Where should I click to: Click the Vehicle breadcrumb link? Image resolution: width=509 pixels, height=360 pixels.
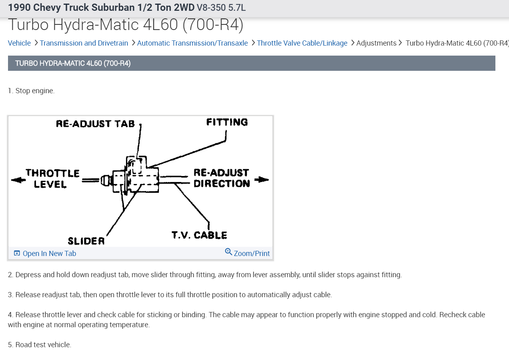point(19,43)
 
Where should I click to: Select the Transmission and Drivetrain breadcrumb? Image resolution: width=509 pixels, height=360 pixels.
point(84,43)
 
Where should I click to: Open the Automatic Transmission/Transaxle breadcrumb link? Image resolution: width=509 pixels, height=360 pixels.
point(192,43)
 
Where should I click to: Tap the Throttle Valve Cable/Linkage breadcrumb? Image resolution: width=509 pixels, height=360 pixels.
point(302,43)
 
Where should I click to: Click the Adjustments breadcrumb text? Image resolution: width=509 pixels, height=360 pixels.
point(376,43)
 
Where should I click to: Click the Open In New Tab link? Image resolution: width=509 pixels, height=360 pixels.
point(49,254)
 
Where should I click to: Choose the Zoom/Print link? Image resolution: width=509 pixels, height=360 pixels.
point(252,254)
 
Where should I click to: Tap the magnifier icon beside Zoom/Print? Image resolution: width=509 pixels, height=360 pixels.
point(228,252)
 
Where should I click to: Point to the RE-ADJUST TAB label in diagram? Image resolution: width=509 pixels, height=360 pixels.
point(95,124)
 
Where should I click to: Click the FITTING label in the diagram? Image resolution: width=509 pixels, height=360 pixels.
point(227,122)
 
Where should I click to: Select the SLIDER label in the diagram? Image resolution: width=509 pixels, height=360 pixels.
point(86,241)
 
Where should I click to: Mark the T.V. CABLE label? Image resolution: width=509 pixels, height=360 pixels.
point(199,235)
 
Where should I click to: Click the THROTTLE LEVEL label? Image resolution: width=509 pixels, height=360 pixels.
point(52,179)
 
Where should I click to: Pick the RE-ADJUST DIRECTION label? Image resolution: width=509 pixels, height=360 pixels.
point(222,178)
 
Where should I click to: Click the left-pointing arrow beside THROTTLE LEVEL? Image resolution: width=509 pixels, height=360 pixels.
point(18,180)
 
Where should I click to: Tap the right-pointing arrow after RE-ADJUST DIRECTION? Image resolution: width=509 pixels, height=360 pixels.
point(261,180)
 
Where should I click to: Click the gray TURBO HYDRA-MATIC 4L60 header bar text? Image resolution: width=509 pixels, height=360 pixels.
point(73,63)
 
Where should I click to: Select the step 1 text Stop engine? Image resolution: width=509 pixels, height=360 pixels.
point(31,91)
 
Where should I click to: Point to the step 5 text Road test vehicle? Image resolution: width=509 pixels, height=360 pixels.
point(40,345)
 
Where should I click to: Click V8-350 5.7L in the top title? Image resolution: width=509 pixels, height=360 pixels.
point(221,7)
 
